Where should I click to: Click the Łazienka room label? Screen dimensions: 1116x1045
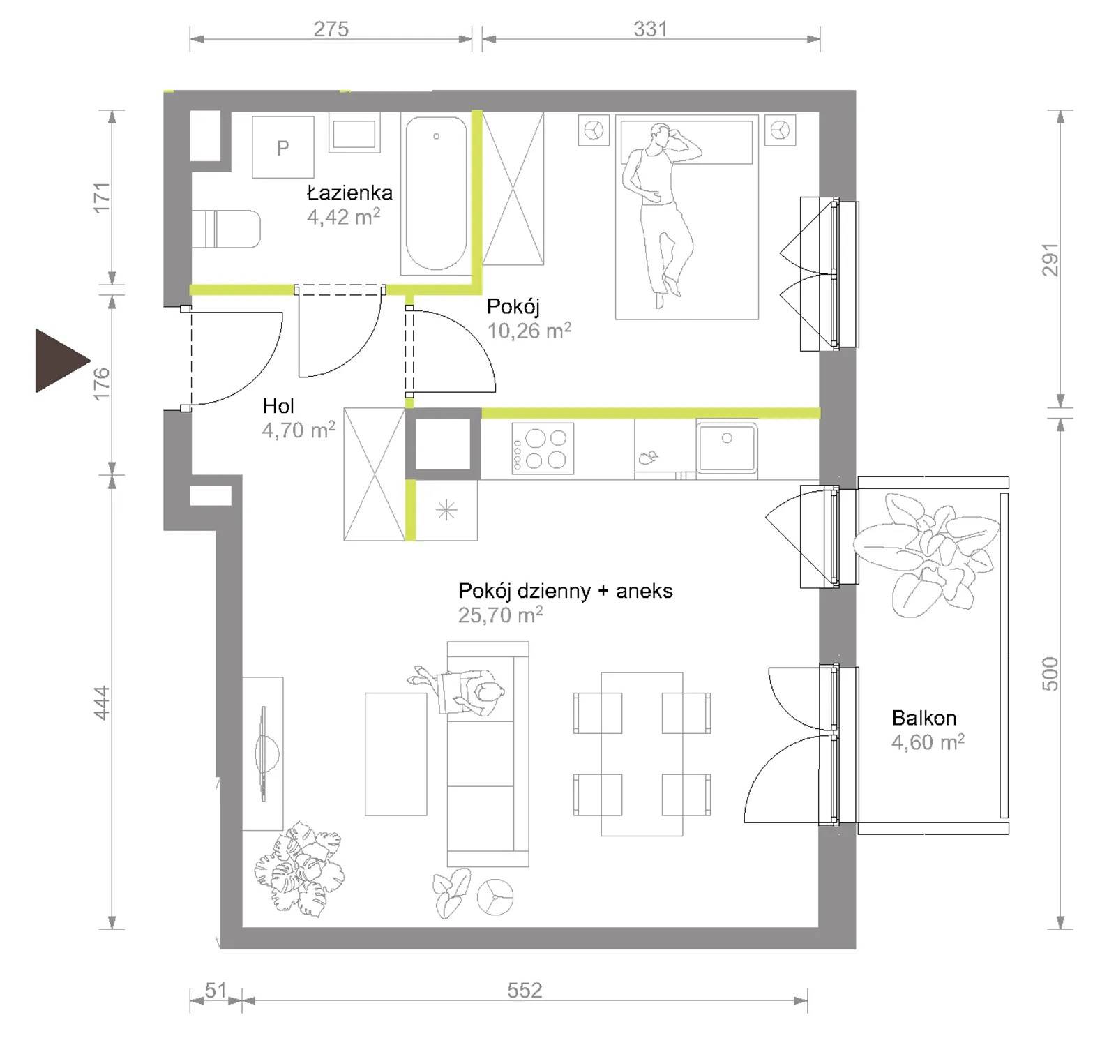349,193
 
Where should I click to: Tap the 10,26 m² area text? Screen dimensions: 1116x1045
529,330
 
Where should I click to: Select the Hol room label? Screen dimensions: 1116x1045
278,406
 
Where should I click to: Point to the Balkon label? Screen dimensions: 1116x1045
923,718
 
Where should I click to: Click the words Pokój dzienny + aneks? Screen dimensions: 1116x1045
565,591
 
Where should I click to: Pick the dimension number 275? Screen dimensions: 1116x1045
331,29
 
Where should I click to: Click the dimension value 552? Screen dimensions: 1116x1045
524,990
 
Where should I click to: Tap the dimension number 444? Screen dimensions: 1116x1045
102,702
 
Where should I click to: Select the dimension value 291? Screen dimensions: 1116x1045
1050,260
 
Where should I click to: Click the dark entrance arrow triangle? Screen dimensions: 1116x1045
59,361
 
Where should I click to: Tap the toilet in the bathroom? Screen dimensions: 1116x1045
226,229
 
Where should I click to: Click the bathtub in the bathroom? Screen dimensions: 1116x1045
436,193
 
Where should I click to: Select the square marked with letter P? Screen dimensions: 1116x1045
282,147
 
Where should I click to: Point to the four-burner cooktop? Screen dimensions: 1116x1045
543,449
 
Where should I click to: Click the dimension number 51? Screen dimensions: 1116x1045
216,990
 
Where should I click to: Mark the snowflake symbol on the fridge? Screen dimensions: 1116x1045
446,511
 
